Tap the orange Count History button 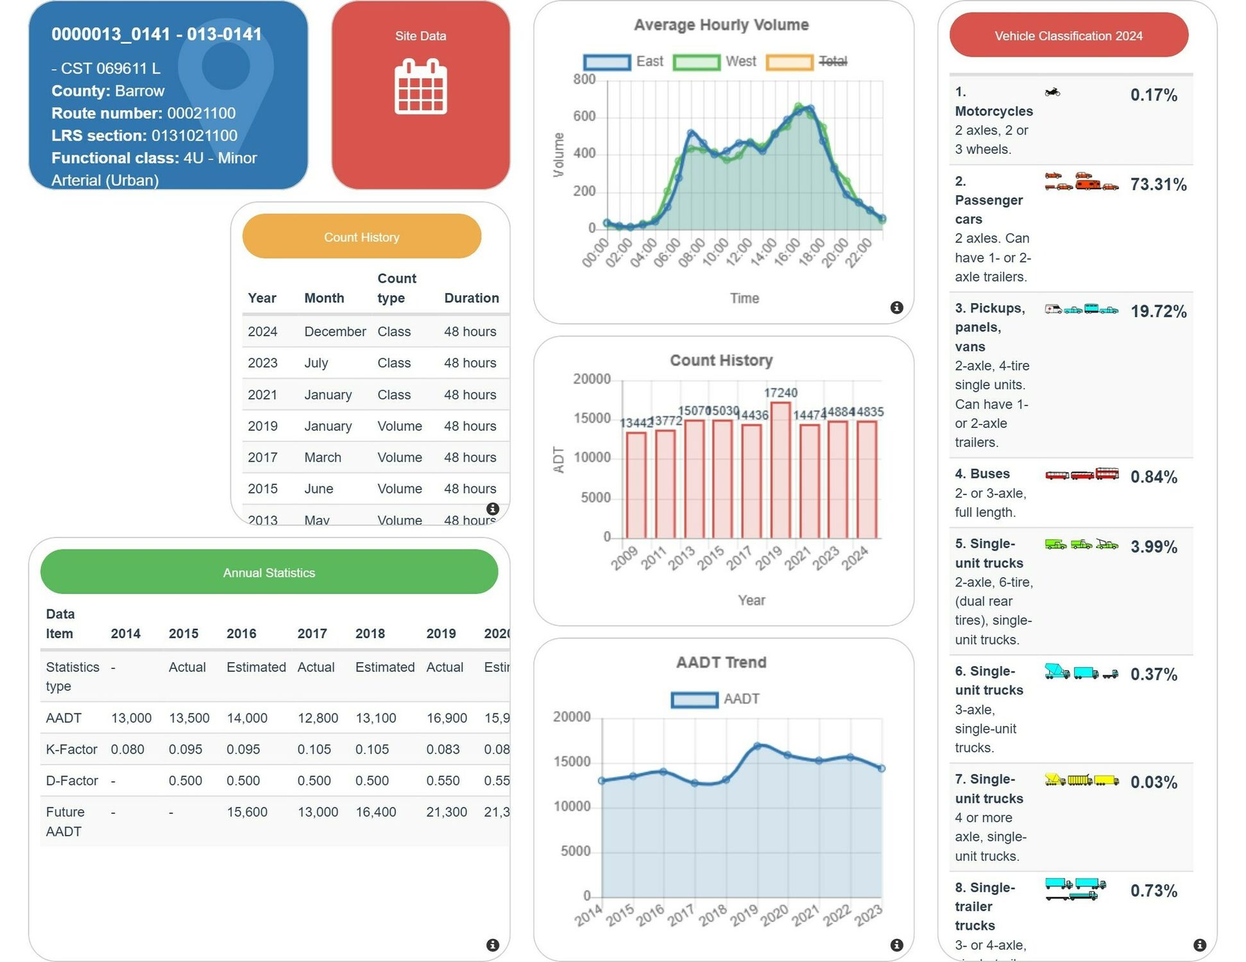[361, 237]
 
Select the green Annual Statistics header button [269, 572]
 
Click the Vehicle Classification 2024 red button [1068, 36]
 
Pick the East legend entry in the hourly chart [623, 62]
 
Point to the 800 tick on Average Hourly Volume [584, 80]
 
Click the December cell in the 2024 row [335, 332]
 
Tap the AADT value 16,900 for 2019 [446, 718]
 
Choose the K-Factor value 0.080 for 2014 [127, 749]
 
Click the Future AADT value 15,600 [246, 812]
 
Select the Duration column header [471, 298]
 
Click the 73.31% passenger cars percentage [1158, 185]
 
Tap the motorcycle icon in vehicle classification [1052, 92]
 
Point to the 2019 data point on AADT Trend [757, 746]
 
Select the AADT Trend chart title [721, 662]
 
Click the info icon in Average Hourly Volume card [896, 308]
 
